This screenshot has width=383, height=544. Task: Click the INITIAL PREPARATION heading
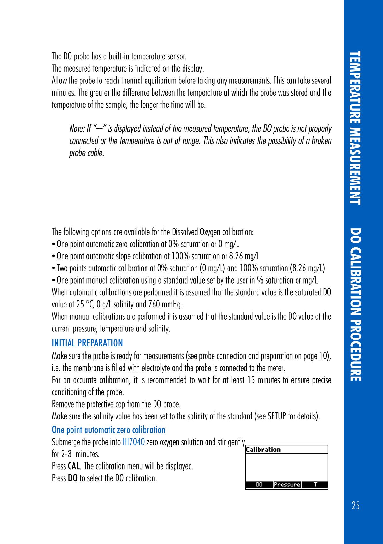coord(87,343)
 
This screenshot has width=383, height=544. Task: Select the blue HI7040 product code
coord(134,442)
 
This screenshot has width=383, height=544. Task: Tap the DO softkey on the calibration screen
coord(259,485)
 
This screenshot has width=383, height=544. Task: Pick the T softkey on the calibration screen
coord(315,485)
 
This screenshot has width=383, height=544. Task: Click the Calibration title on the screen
coord(263,450)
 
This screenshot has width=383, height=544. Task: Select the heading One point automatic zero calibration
coord(109,430)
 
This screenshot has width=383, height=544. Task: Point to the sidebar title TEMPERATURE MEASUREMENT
coord(355,128)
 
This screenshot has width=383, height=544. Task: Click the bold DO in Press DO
coord(73,478)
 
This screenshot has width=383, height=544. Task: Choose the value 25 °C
coord(83,304)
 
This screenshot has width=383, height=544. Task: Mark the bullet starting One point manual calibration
coord(185,281)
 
